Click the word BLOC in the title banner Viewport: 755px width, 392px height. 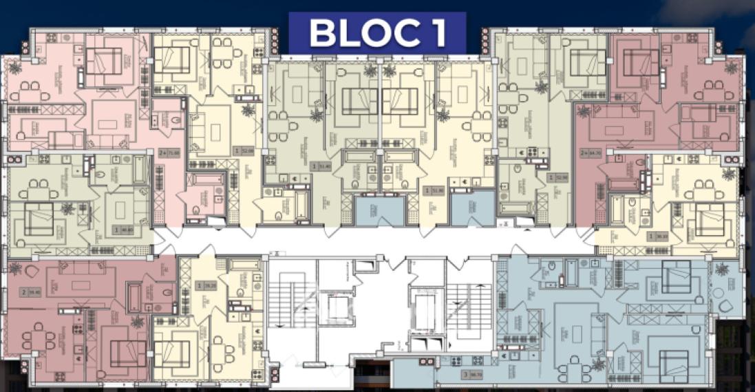(357, 33)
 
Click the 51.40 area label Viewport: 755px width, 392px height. (322, 166)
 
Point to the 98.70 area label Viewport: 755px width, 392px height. (474, 375)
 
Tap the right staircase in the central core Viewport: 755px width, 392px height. (467, 303)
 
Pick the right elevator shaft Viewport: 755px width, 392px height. (424, 303)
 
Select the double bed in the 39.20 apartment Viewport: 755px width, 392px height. (172, 354)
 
